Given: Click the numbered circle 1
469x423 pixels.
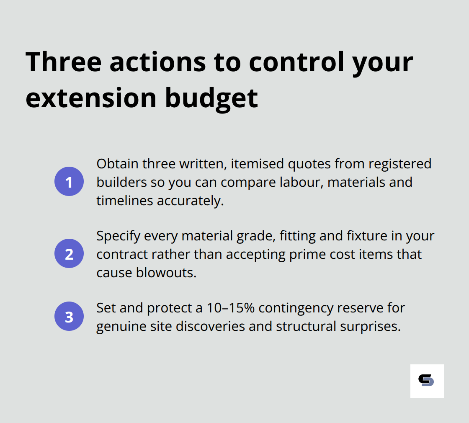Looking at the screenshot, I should click(69, 182).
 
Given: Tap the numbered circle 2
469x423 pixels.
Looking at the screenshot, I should click(69, 254).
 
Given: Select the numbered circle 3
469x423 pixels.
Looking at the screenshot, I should click(69, 317).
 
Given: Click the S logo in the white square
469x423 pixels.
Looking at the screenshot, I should click(426, 381).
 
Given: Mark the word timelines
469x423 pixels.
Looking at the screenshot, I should click(125, 201).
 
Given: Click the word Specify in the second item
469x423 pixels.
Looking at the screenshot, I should click(119, 236).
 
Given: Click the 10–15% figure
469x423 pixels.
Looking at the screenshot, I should click(231, 308).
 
